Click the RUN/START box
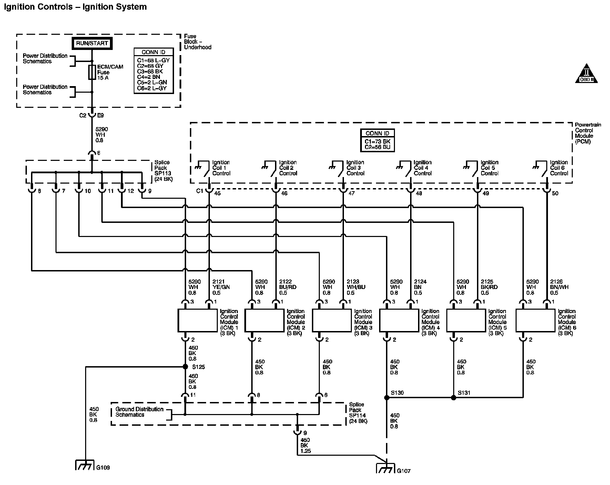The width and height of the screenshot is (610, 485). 92,43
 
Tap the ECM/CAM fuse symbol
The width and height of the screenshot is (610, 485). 92,72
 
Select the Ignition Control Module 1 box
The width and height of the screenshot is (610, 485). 197,320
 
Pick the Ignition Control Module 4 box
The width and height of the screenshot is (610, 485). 399,320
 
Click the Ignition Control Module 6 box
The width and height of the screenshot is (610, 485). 536,320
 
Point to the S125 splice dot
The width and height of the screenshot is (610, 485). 185,367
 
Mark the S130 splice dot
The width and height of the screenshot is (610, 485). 387,398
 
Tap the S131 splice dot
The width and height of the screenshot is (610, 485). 454,398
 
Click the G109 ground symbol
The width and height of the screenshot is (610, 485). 84,465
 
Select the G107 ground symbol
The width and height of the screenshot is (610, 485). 386,468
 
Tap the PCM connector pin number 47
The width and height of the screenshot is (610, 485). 351,193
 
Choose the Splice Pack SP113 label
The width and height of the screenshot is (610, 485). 164,171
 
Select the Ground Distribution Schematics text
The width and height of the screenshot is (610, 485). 139,412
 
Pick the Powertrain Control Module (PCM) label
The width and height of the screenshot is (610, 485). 588,133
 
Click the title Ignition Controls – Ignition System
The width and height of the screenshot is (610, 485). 75,7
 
